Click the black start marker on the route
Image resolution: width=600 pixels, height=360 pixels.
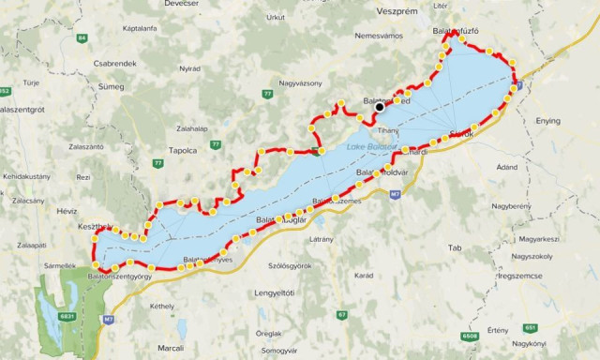click(x=380, y=108)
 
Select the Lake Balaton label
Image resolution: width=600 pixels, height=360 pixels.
click(x=371, y=147)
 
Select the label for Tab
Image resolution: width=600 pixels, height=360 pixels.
click(x=456, y=248)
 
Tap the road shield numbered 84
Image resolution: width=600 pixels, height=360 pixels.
click(x=82, y=38)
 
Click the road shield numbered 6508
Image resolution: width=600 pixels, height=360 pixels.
click(x=469, y=336)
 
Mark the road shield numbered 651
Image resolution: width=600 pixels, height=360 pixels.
click(x=532, y=327)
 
